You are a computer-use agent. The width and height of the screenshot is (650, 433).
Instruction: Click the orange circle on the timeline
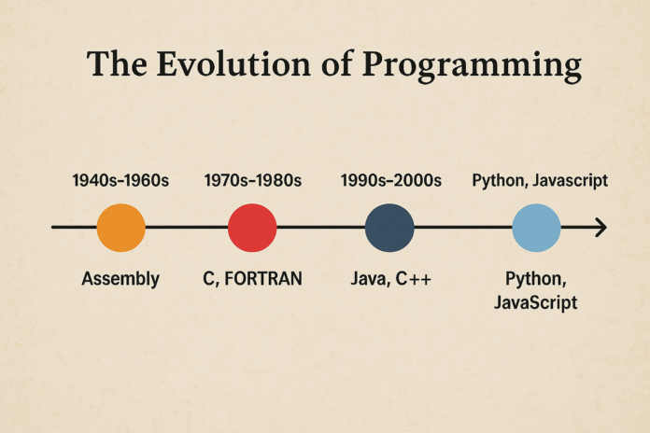click(x=121, y=228)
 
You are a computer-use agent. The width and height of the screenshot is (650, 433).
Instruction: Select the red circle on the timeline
click(x=252, y=228)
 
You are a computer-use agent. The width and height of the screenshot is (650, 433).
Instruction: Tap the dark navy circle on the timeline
click(x=389, y=228)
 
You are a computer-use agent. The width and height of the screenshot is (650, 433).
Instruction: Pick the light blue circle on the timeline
click(x=537, y=228)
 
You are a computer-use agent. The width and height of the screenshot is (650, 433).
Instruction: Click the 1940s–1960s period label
click(x=120, y=180)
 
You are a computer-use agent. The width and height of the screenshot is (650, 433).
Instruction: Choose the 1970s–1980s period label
click(x=252, y=180)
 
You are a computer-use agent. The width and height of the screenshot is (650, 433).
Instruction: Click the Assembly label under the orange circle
click(x=120, y=278)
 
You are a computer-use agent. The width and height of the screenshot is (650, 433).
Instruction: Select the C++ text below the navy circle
click(x=414, y=278)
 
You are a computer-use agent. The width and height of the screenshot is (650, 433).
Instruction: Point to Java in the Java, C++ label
click(x=369, y=278)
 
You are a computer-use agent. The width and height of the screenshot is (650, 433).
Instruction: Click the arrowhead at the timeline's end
click(x=601, y=228)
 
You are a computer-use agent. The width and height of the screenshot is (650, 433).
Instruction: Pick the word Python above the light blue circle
click(x=497, y=180)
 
